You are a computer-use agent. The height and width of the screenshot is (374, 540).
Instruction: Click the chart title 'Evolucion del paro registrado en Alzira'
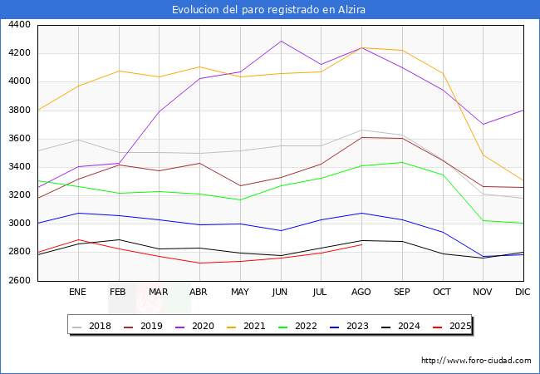click(269, 10)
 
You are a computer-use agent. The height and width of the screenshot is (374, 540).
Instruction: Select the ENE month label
click(77, 292)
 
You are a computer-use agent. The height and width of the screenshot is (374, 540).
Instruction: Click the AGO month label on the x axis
click(361, 292)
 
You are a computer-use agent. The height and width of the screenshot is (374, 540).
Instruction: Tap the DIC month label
click(523, 292)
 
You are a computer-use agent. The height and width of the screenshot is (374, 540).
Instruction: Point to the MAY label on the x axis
click(239, 292)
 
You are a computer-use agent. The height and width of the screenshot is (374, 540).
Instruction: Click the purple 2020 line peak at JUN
click(281, 41)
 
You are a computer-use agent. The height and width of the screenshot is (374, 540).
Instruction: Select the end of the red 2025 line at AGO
click(361, 244)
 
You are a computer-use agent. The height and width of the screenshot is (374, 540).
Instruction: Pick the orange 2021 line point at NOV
click(483, 155)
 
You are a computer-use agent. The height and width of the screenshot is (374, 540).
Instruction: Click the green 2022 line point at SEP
click(402, 162)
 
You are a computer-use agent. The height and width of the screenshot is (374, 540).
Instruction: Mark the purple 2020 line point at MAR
click(159, 111)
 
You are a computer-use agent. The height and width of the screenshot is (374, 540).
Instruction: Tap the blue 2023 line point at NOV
click(483, 257)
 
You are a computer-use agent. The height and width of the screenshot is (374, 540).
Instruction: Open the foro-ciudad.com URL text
click(476, 361)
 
